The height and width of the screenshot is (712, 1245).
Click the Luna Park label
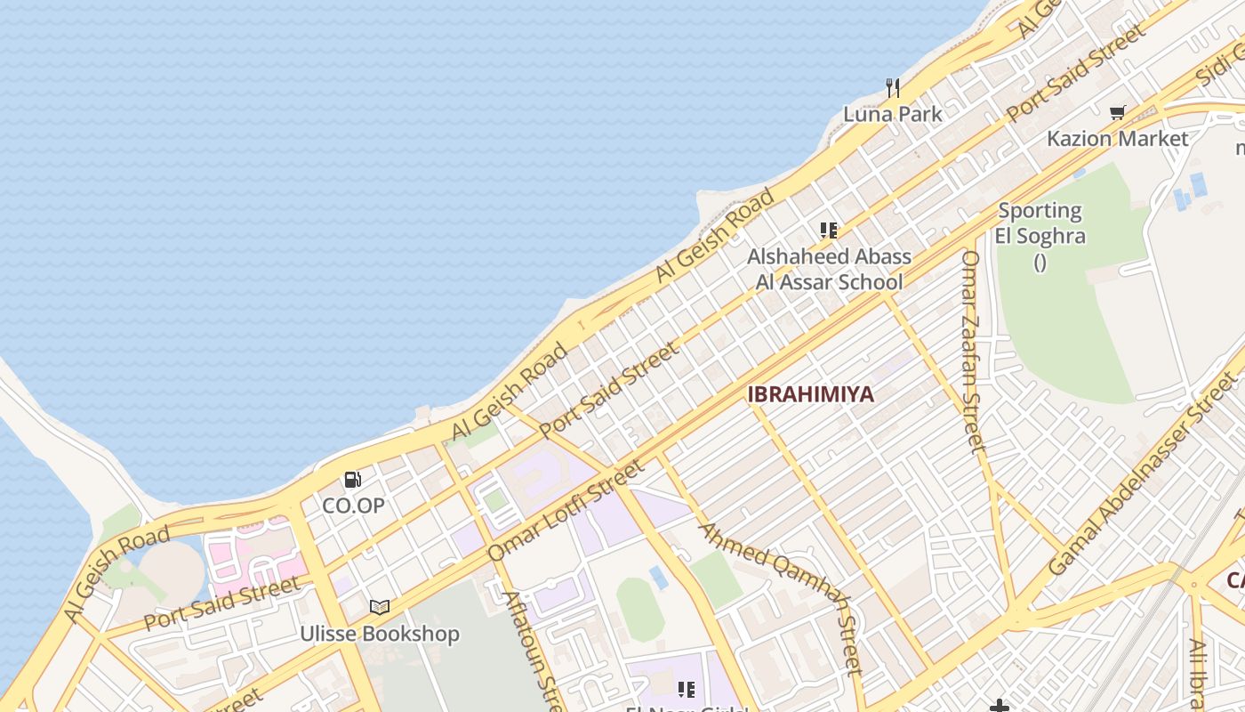coord(892,114)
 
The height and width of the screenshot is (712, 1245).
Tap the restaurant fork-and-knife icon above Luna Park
coord(893,87)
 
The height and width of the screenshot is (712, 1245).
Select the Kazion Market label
coord(1117,138)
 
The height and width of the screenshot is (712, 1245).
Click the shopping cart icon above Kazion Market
coord(1117,112)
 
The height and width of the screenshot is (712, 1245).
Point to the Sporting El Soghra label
coord(1040,223)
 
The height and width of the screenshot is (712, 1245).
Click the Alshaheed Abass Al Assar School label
coord(829,269)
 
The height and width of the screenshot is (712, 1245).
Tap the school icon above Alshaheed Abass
coord(829,231)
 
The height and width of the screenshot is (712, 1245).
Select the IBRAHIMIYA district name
coord(810,394)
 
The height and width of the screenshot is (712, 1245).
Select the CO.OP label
coord(353,506)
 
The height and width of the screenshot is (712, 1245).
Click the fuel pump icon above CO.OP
coord(353,480)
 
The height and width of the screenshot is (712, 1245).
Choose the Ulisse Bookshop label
coord(380,634)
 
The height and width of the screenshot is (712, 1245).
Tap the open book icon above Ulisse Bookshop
coord(380,607)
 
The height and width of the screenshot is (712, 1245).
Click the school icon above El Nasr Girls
coord(686,689)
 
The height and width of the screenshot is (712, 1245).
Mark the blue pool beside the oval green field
coord(659,577)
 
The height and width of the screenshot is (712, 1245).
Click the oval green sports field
coord(639,609)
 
